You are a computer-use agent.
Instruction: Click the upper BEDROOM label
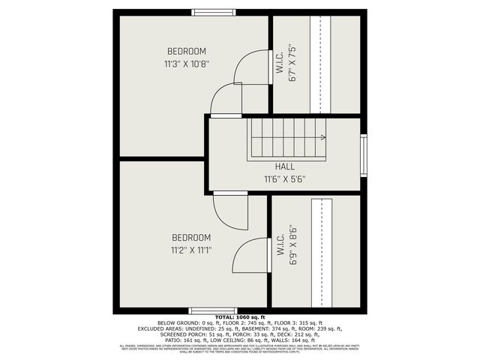(187, 51)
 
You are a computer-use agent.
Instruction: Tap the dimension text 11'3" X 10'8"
(187, 64)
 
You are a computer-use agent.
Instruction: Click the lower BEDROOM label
(190, 238)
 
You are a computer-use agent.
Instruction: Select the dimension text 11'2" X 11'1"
(190, 250)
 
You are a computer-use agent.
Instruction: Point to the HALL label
(284, 166)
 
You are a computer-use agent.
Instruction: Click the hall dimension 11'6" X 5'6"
(284, 179)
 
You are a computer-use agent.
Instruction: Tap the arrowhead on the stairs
(322, 137)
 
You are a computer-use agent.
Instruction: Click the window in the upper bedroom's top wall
(214, 12)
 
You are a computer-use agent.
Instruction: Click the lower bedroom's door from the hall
(230, 211)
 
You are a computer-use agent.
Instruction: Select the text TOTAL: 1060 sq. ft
(239, 319)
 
